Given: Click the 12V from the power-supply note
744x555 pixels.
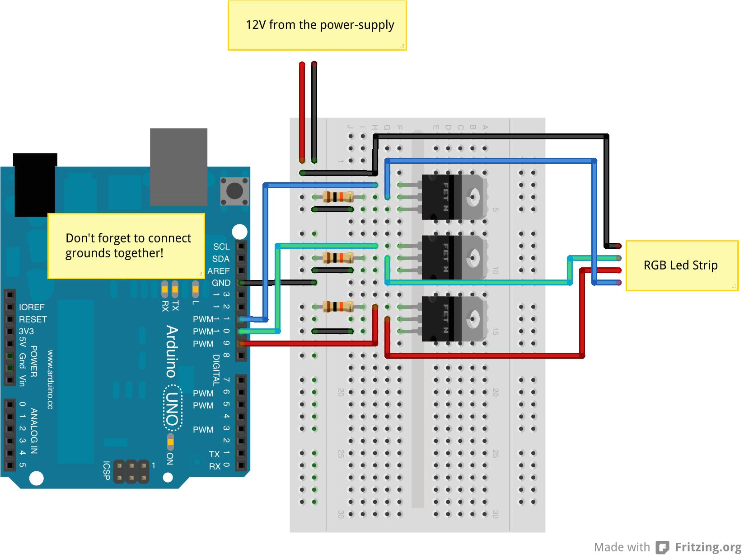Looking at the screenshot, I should (x=317, y=25).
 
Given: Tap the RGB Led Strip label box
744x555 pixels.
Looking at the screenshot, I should (x=681, y=266).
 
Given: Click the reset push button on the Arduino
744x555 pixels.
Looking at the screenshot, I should (x=234, y=191).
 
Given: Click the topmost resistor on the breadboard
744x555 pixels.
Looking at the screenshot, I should (x=338, y=197).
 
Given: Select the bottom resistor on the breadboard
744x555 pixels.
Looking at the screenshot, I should (x=338, y=307).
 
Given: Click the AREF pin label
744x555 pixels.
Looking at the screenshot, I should (x=219, y=271).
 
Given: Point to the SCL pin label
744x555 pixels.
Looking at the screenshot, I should (x=221, y=247).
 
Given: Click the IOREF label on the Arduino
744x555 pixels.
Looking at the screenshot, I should (x=32, y=307).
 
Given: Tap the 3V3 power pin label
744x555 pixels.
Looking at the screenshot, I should (x=26, y=332).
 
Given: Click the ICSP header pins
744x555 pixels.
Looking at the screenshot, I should (x=131, y=471).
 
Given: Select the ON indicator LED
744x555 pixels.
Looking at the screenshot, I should (x=170, y=439).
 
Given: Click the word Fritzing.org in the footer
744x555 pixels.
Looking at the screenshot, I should (x=708, y=547).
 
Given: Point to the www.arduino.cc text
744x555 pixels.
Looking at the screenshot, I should (x=50, y=379).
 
